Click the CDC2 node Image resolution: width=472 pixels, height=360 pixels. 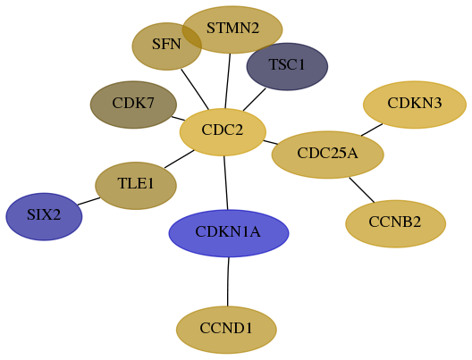tap(223, 132)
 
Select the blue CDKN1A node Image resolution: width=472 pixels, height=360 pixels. tap(229, 233)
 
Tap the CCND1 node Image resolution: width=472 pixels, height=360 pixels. tap(226, 330)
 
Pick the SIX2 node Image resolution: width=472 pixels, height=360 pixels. tap(44, 216)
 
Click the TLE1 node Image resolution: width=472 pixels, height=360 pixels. tap(136, 186)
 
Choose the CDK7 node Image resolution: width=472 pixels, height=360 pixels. tap(133, 105)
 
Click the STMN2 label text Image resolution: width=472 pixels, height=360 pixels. tap(232, 29)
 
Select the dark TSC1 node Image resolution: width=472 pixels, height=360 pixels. tap(287, 66)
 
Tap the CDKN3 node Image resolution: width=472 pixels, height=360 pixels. tap(415, 105)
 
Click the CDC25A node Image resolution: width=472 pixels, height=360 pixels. tap(327, 155)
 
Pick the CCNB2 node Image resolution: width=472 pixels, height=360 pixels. tap(395, 223)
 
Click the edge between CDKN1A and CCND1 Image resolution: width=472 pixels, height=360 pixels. tap(228, 281)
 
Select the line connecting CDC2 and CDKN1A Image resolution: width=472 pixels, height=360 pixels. tap(226, 183)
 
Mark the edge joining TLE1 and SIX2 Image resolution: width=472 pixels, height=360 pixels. tap(88, 201)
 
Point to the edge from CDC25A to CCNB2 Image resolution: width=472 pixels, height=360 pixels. tap(362, 190)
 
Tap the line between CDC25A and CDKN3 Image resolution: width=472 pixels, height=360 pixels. tap(372, 130)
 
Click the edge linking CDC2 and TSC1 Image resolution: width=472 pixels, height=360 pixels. tap(255, 99)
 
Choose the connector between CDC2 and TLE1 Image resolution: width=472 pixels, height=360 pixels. tap(180, 159)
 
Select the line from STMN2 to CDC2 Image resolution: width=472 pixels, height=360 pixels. tap(228, 81)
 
